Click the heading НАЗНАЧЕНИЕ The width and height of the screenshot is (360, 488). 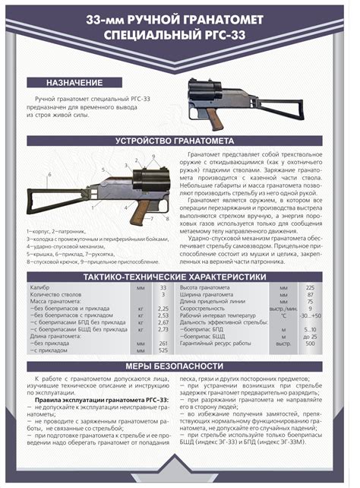pos(74,81)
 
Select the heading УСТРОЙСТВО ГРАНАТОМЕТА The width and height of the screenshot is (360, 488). pos(180,141)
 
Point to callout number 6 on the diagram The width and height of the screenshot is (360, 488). pos(50,174)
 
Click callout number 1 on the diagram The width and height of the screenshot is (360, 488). pos(93,207)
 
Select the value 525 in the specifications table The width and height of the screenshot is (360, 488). pos(163,350)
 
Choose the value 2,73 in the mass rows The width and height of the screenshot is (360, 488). pos(163,329)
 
